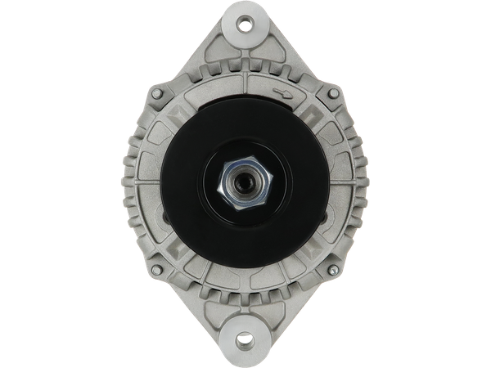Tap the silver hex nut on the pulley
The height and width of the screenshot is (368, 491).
click(x=245, y=182)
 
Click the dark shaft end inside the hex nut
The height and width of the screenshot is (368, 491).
click(x=245, y=182)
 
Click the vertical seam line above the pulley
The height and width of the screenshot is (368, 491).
click(x=245, y=82)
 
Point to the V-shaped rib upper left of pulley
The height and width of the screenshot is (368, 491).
click(x=176, y=114)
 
